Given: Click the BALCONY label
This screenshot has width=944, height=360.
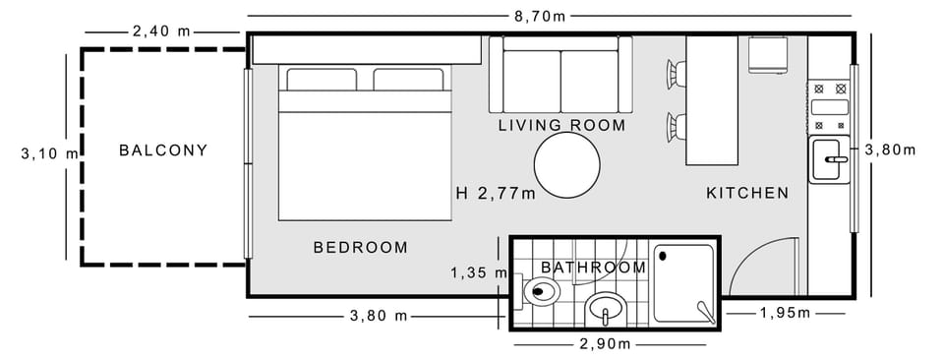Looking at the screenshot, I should [x=163, y=150].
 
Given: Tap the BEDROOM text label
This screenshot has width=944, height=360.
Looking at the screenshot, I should [x=360, y=248].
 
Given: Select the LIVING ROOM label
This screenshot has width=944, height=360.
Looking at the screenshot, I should [x=561, y=125].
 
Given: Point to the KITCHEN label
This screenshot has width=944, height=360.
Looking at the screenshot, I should [x=747, y=194].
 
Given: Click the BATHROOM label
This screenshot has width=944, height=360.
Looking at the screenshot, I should [x=594, y=268].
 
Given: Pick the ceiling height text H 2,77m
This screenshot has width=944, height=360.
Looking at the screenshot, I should [x=496, y=194].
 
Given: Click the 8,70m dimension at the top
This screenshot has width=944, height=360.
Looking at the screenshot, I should [x=540, y=16].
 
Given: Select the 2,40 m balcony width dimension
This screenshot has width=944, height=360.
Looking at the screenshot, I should [x=161, y=31].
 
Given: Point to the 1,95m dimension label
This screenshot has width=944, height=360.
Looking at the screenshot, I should [x=785, y=314].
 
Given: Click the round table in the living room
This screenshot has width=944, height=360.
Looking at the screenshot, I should [x=566, y=165].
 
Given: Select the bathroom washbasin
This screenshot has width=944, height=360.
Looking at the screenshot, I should [x=606, y=311].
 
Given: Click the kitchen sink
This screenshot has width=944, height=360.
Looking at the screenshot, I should [x=830, y=159].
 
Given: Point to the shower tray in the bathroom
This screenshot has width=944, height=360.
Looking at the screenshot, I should [x=685, y=284].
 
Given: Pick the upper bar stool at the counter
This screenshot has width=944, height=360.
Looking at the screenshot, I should [x=676, y=73].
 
